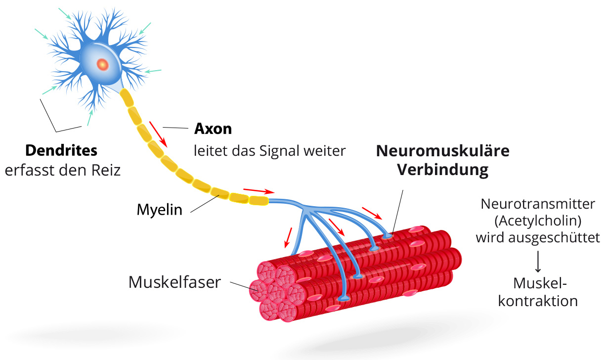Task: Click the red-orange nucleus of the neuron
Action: coord(102,64)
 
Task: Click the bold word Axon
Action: coord(213,129)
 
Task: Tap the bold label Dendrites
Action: coord(61,150)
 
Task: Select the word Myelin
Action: coord(160,210)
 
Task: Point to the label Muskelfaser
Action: coord(174,282)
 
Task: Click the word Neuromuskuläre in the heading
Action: coord(443,151)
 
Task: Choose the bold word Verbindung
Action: coord(443,170)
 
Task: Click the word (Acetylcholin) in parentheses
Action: coord(538,220)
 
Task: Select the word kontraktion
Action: coord(538,301)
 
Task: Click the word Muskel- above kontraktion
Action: coord(539,283)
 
